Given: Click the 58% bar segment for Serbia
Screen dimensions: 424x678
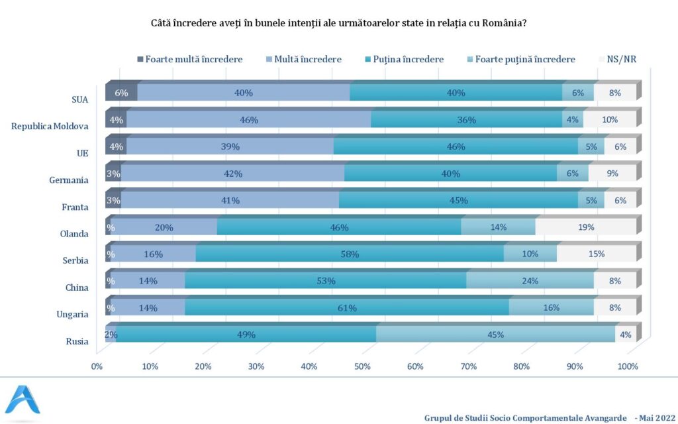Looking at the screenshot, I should point(350,254).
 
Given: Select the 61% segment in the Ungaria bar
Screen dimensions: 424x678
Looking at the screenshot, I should point(346,307).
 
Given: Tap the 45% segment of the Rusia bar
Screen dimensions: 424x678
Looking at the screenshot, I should point(495,335).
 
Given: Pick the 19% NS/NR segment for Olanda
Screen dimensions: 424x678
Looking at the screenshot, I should point(585,227).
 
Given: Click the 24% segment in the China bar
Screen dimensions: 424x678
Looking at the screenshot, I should point(530,281).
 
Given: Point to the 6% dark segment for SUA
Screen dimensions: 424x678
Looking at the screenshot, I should point(121,93).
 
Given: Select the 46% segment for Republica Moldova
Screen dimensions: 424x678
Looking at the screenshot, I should point(248,120).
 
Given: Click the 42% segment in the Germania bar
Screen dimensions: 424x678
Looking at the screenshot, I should point(232,174).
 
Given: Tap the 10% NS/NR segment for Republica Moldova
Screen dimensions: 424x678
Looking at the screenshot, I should point(610,120).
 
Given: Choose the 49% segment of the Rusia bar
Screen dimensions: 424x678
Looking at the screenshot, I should point(246,335).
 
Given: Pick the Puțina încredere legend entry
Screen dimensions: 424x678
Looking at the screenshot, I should point(408,59).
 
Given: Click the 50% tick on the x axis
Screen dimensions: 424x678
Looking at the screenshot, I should point(362,366).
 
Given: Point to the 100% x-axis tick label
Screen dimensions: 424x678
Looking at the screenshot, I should point(627,366).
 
